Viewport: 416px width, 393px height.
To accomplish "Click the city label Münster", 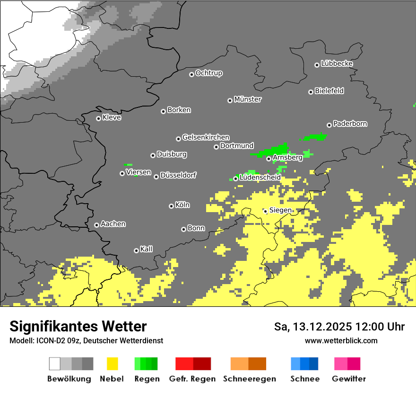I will [x=248, y=99].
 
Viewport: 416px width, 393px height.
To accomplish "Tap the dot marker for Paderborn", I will [x=329, y=125].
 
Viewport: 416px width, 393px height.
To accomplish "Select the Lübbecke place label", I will [x=337, y=63].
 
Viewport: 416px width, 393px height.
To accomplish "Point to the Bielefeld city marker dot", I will [x=311, y=92].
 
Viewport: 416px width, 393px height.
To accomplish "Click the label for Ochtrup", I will [x=209, y=73].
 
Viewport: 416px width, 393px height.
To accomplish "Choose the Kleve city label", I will [x=112, y=117].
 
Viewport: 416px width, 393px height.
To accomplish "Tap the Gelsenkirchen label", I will [x=206, y=137].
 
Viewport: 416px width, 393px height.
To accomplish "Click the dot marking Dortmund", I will [x=216, y=147].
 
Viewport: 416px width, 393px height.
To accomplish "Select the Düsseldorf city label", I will [x=178, y=175].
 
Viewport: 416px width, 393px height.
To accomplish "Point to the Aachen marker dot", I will [x=96, y=225].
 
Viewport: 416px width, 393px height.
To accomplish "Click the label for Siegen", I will [x=280, y=210].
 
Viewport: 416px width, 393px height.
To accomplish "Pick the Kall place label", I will [x=147, y=249].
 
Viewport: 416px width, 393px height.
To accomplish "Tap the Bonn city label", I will [x=196, y=228].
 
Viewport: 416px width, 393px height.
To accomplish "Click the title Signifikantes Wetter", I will [x=78, y=326].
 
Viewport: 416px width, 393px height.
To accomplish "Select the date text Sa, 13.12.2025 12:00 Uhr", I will [x=339, y=327].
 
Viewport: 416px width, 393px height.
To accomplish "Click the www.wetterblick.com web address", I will [x=341, y=340].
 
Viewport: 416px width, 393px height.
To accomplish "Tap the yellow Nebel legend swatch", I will [x=113, y=364].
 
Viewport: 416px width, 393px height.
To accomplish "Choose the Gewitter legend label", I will [x=349, y=379].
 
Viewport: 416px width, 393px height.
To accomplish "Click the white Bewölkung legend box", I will [x=55, y=364].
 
